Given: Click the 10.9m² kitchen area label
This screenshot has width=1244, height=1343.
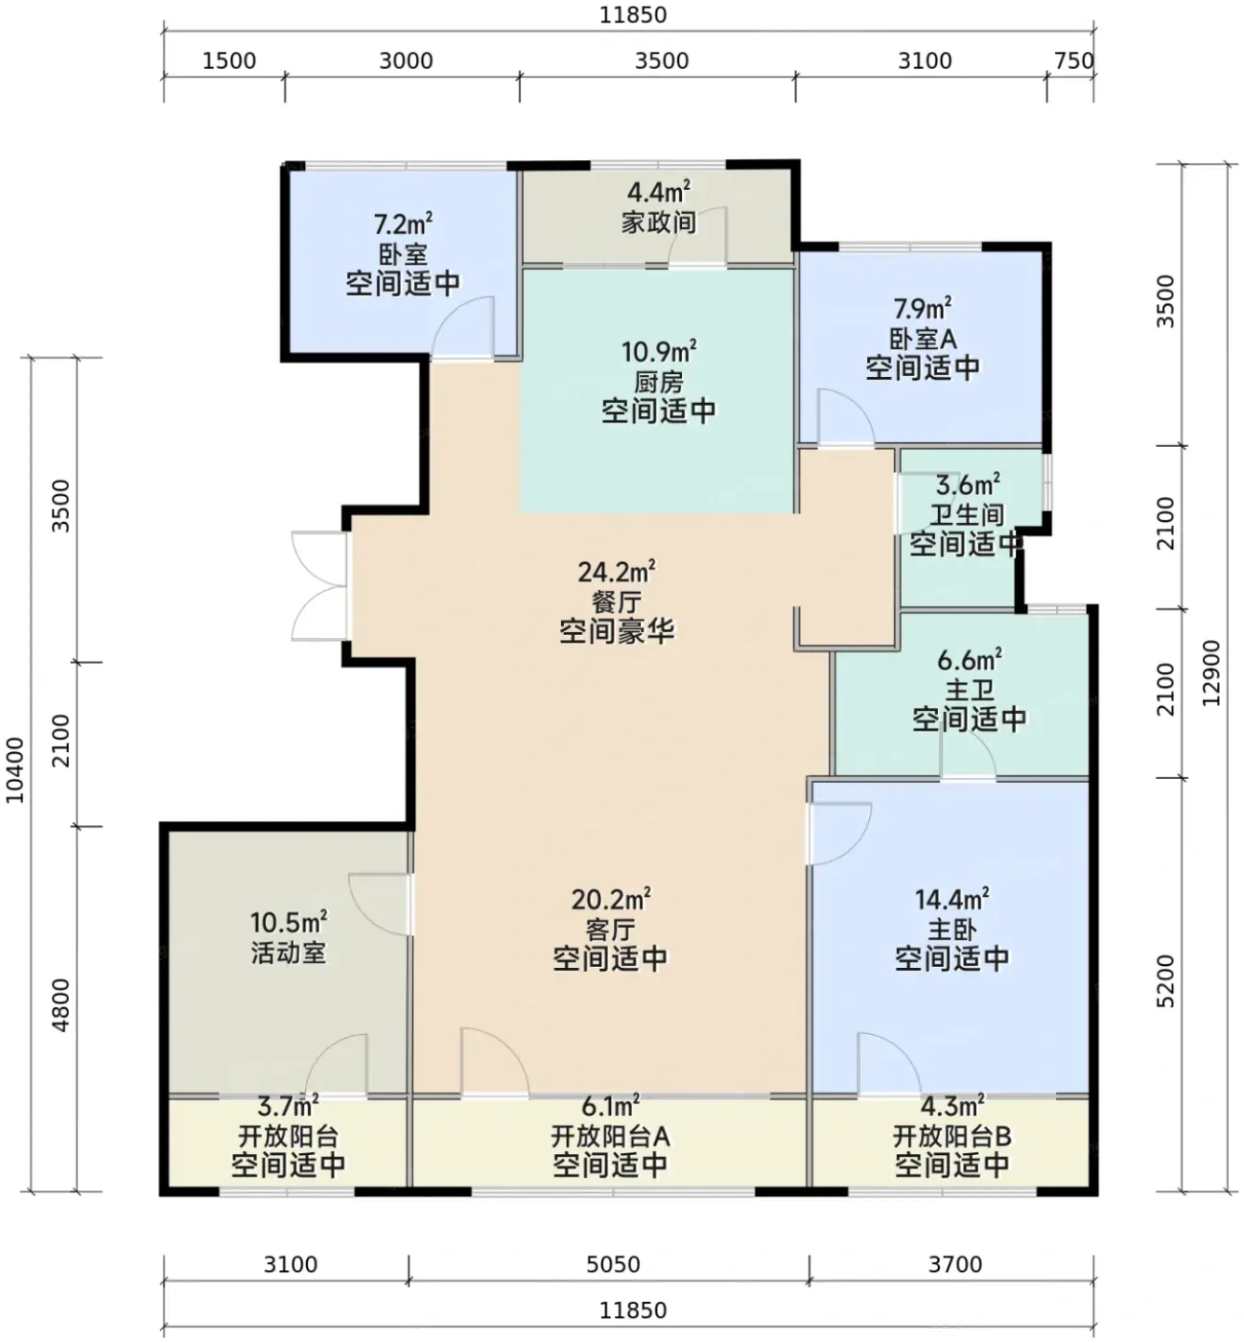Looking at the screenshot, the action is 659,352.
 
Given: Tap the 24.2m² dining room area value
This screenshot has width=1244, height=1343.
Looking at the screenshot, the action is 617,572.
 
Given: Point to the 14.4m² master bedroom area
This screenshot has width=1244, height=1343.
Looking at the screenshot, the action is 951,900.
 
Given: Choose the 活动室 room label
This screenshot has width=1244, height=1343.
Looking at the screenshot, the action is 289,953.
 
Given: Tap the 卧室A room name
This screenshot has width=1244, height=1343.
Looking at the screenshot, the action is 923,338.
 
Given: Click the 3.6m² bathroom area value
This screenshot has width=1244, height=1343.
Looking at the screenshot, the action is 968,484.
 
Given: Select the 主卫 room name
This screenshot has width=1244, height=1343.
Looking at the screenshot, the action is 970,690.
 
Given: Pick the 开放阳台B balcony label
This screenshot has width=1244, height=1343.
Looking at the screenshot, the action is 951,1136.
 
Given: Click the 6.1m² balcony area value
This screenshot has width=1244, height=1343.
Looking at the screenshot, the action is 610,1107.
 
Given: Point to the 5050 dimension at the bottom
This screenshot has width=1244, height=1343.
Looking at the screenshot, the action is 614,1264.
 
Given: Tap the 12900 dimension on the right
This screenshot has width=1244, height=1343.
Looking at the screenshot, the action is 1210,672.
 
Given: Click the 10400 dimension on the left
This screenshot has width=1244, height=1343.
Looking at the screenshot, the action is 14,770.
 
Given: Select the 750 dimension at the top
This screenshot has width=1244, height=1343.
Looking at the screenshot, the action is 1073,60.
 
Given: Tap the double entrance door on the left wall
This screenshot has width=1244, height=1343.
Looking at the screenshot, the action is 319,585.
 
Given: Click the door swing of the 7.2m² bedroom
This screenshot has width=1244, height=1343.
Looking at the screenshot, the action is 462,326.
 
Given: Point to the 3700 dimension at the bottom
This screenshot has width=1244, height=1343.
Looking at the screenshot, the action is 955,1264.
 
